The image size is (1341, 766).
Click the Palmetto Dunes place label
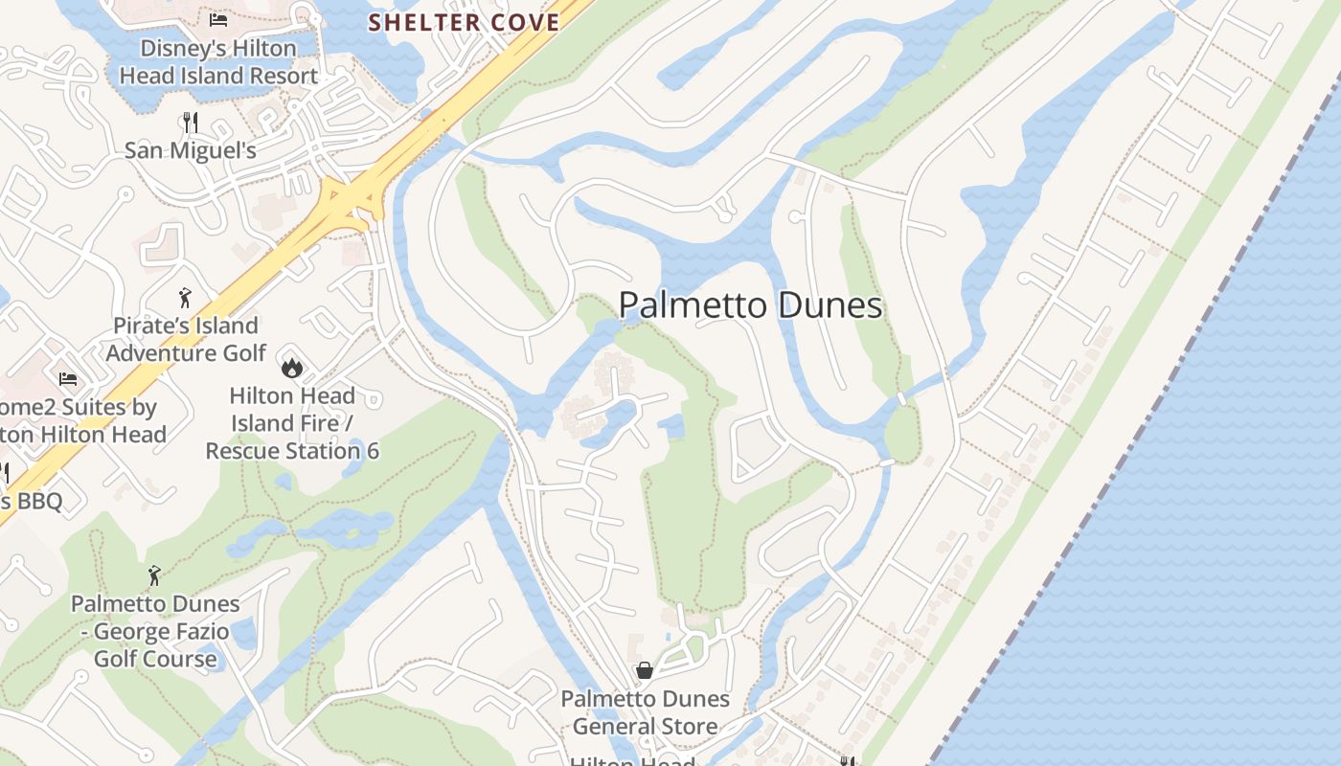[x=750, y=305]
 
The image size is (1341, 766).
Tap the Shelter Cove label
[x=464, y=22]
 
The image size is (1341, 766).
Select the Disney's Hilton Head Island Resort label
[x=218, y=61]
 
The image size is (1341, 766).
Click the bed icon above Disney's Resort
[x=218, y=18]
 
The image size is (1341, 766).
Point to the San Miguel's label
[x=191, y=150]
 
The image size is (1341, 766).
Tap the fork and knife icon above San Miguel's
[x=190, y=122]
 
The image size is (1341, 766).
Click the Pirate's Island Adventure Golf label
[x=186, y=339]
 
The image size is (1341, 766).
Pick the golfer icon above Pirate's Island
[x=185, y=297]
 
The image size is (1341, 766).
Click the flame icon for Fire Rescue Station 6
[x=291, y=367]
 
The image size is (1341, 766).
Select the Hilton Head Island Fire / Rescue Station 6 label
[x=292, y=422]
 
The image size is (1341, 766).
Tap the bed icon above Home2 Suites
[x=68, y=379]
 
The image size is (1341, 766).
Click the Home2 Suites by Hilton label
[x=81, y=420]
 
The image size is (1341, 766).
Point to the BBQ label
[x=33, y=501]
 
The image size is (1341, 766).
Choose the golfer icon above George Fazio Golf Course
[x=154, y=574]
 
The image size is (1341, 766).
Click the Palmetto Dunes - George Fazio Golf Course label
[x=155, y=631]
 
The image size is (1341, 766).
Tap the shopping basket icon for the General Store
[x=645, y=670]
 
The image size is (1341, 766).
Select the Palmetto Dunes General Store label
[x=645, y=712]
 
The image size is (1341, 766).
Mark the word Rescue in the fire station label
[x=252, y=450]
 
